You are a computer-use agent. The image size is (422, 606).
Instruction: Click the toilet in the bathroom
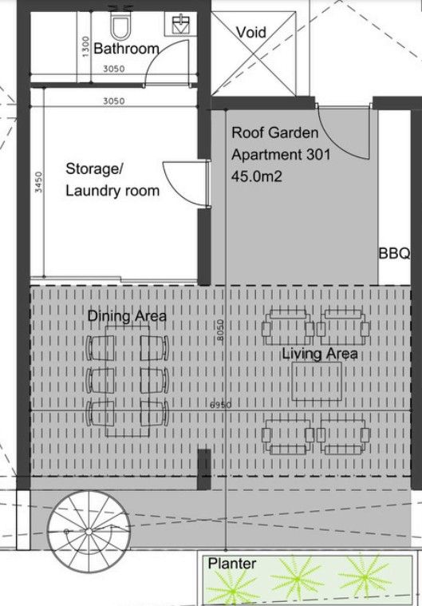[x=120, y=28]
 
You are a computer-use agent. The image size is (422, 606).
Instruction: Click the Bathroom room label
[x=126, y=49]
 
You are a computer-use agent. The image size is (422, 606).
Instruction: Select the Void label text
[x=251, y=33]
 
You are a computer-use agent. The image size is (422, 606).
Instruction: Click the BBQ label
[x=393, y=255]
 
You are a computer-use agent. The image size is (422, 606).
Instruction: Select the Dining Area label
[x=127, y=317]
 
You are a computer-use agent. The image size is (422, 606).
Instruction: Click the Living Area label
[x=319, y=354]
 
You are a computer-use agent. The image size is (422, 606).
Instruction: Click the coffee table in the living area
[x=317, y=382]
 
